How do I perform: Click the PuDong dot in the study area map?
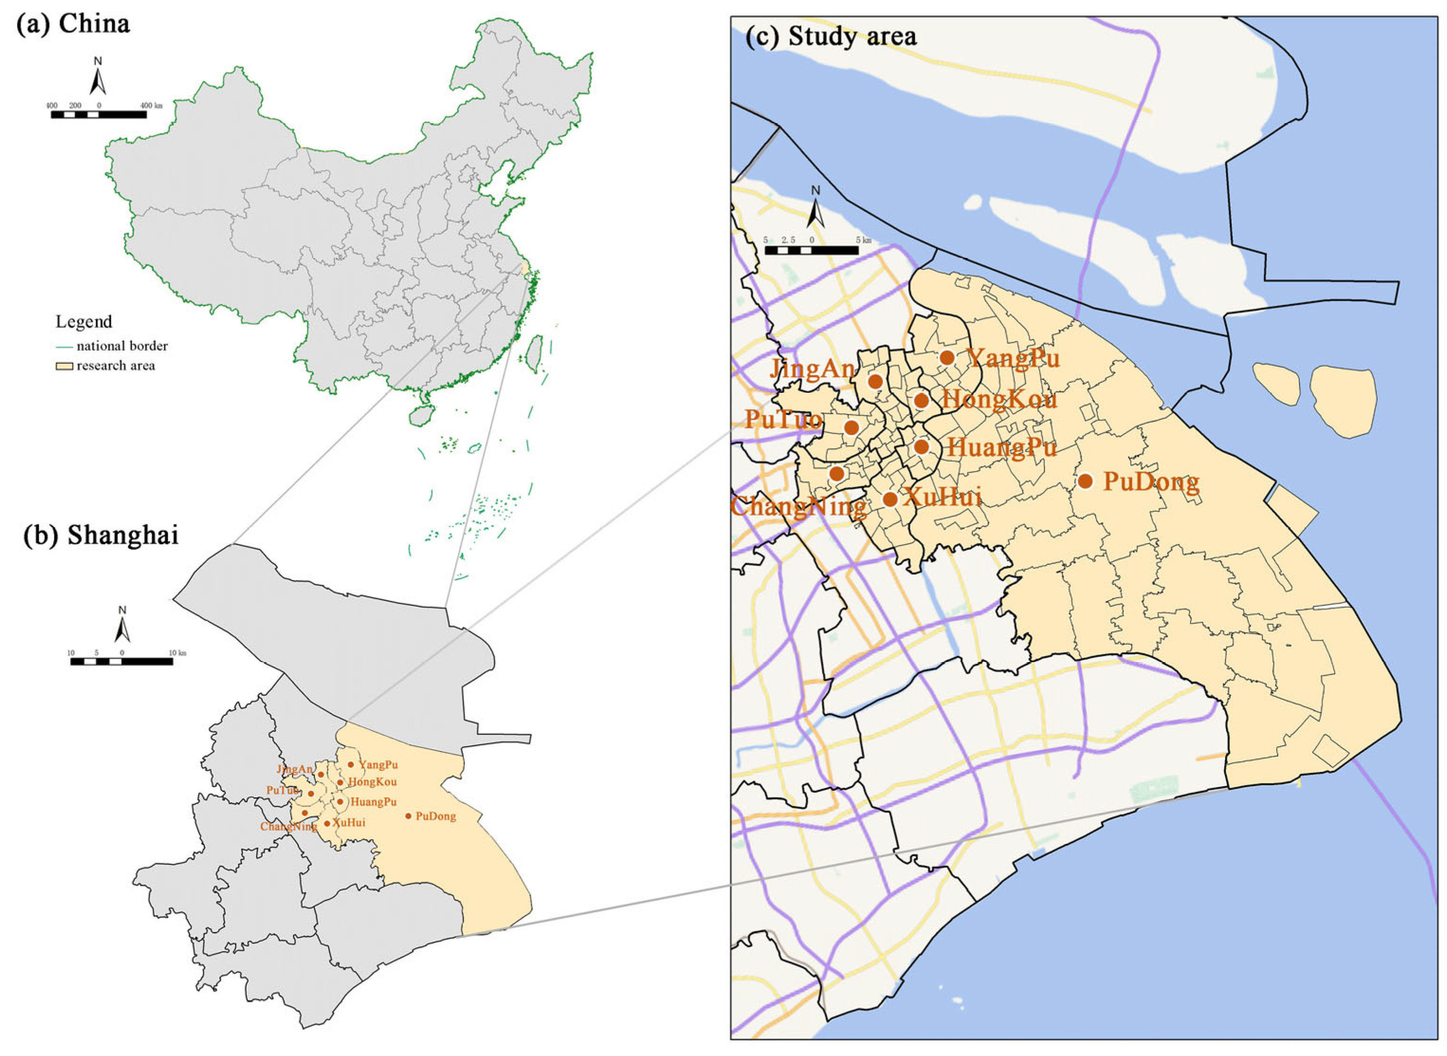1085,481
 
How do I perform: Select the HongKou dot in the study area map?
921,401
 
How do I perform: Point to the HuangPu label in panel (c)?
1002,447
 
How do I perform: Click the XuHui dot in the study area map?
890,499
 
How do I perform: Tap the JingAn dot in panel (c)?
875,381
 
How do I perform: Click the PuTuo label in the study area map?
783,419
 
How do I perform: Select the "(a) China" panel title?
74,24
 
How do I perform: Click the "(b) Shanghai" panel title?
101,536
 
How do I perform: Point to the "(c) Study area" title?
831,37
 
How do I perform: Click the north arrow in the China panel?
98,77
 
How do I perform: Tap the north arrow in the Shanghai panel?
122,625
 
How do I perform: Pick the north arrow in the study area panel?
815,208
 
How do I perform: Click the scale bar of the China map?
99,114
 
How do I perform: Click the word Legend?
84,322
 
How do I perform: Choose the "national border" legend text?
122,346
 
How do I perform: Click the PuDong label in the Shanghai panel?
436,816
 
